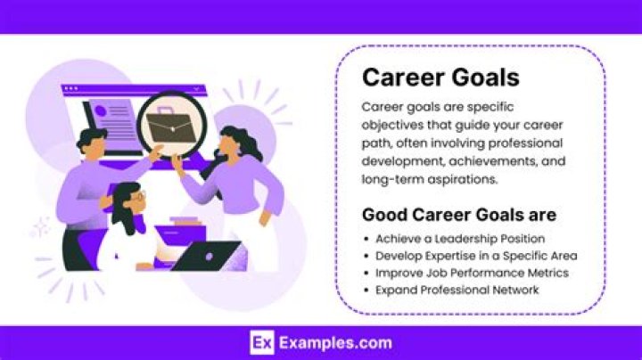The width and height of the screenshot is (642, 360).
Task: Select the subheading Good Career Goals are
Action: coord(458,215)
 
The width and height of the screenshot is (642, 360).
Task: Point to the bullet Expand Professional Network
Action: coord(457,290)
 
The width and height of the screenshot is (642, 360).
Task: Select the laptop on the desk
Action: coord(206,256)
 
